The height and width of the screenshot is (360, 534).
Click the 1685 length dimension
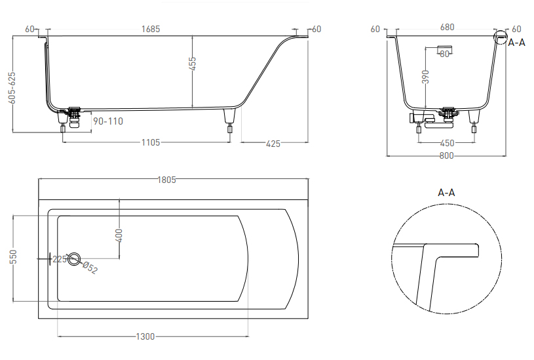point(151,29)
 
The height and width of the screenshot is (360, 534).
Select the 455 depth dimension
point(193,64)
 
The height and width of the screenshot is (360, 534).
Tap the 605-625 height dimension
point(12,87)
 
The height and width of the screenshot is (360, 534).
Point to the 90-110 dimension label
point(108,121)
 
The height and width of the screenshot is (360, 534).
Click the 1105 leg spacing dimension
point(151,142)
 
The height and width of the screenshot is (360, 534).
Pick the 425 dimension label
point(273,144)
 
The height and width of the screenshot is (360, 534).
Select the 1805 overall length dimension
point(167,180)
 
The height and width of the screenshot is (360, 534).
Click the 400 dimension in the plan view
point(119,235)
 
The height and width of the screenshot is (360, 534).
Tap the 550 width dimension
point(13,256)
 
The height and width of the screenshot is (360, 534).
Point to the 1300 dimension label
point(145,337)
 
